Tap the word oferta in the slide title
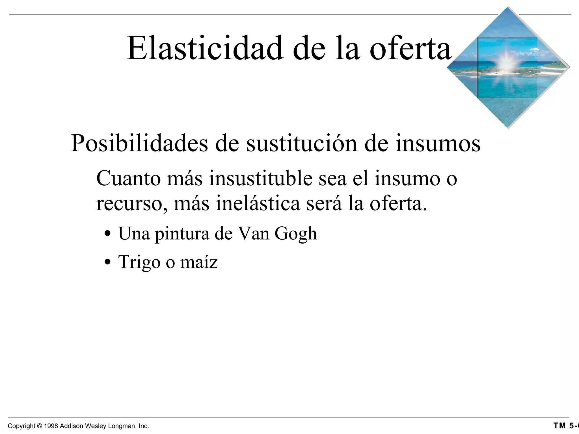point(411,48)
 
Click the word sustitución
point(302,144)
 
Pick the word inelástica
point(258,203)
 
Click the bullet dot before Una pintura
point(107,234)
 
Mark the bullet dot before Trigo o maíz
point(107,262)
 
